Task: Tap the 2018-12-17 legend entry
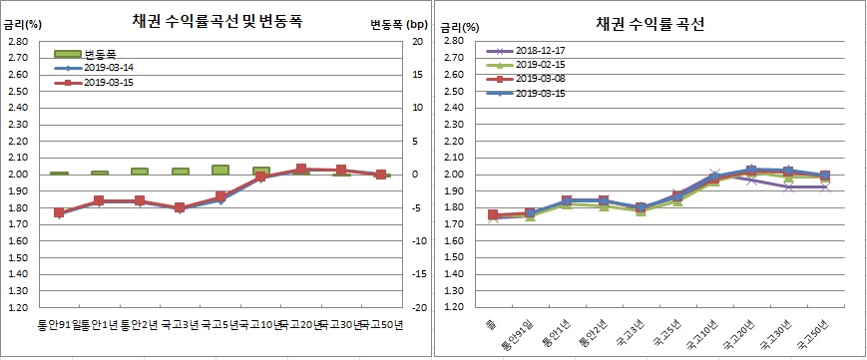[540, 50]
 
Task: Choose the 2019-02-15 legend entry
[540, 64]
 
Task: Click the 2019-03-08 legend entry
[540, 79]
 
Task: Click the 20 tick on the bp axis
[418, 41]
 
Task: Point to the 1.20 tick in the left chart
[18, 307]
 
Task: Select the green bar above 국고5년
[220, 170]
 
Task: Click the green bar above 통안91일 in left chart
[59, 174]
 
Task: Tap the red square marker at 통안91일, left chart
[59, 212]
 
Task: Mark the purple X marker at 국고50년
[823, 187]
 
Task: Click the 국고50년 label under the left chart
[381, 324]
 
